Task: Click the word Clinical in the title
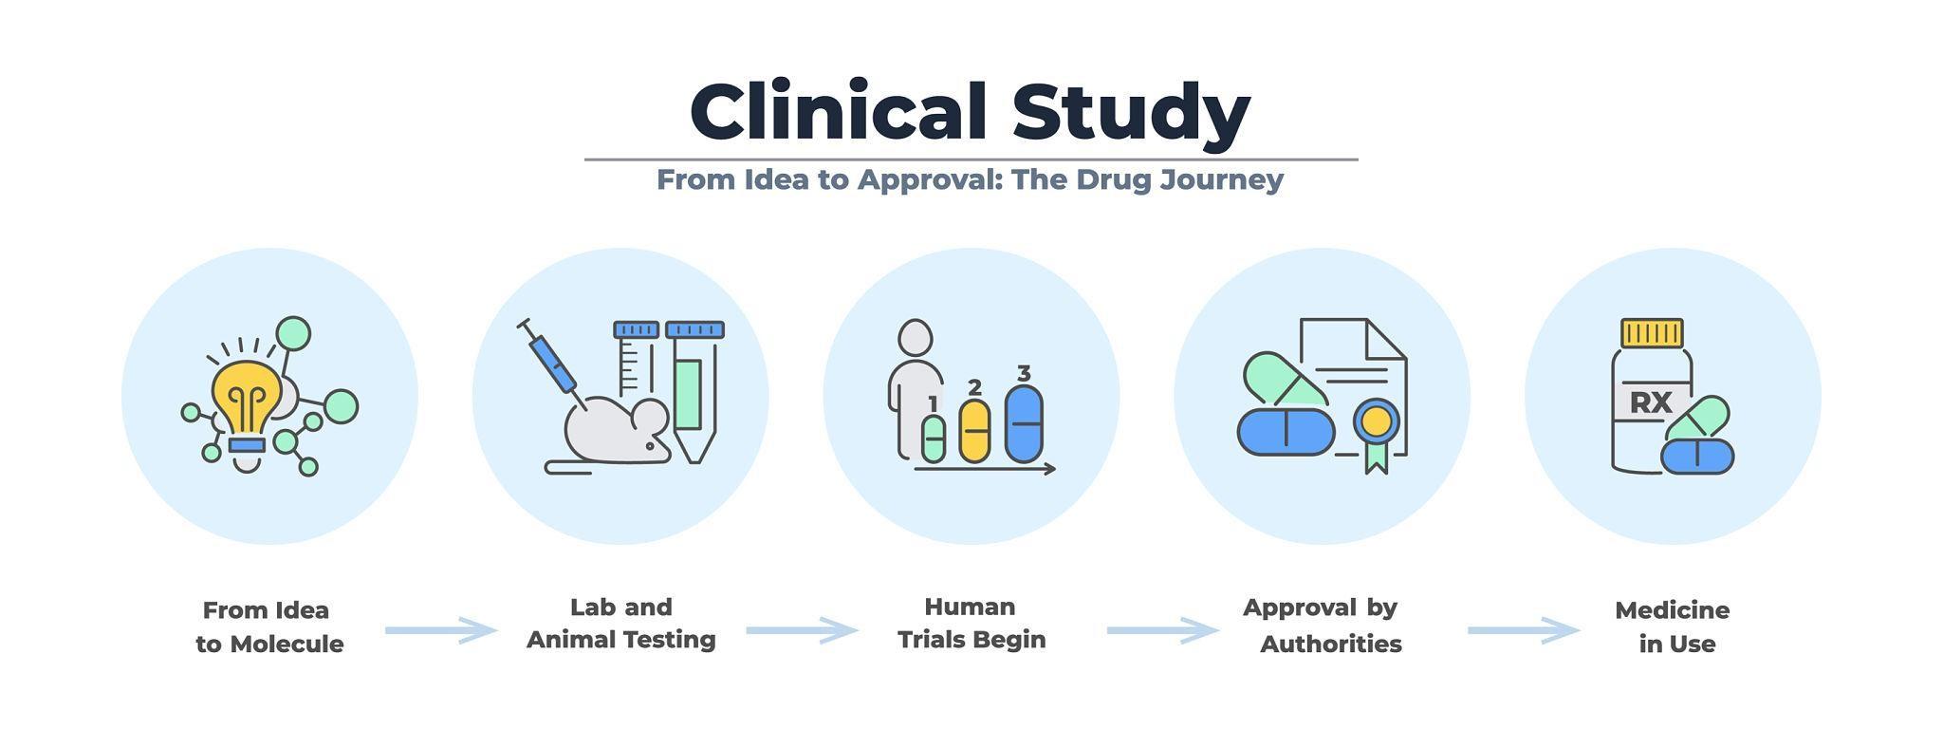838,112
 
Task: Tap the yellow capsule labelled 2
974,431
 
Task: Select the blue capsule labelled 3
1024,423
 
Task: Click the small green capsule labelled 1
934,439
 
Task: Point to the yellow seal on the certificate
1376,421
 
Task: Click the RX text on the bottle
1650,402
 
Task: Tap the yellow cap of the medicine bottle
1652,333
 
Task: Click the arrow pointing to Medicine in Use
1523,630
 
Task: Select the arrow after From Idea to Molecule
440,630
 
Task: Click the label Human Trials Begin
971,623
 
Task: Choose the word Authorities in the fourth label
1330,645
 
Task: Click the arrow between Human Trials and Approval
1162,630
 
